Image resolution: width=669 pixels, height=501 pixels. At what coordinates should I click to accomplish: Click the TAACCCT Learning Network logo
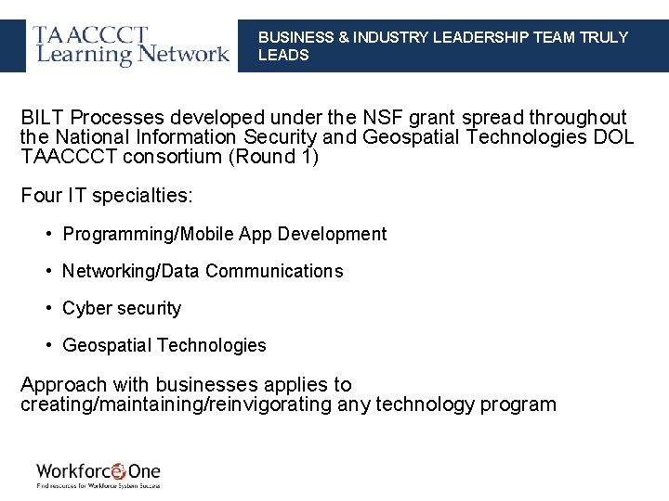point(131,45)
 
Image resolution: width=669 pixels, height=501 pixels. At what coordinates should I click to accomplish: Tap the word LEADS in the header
point(283,55)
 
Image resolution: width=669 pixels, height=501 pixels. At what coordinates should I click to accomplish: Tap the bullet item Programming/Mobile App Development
point(224,234)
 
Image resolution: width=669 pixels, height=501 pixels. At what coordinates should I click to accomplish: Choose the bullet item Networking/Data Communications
point(203,271)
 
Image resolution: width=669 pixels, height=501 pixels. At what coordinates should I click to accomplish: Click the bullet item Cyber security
point(122,308)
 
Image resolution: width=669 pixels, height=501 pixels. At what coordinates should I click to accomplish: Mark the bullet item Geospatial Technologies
point(164,345)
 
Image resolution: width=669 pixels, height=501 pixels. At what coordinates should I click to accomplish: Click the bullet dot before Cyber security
point(47,308)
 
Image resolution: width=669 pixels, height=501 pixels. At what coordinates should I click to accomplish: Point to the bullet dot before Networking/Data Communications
point(47,271)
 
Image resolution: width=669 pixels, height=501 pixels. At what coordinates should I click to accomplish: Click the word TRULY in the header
point(604,37)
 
